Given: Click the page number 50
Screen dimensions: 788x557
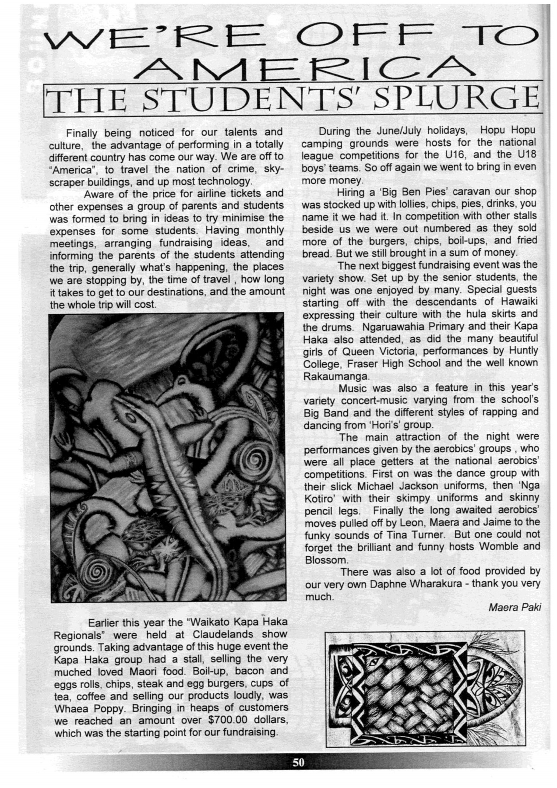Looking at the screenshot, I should pyautogui.click(x=298, y=763).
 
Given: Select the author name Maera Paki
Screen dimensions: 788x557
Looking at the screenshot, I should pyautogui.click(x=515, y=608).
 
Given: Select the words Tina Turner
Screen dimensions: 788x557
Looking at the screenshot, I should pyautogui.click(x=416, y=535).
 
